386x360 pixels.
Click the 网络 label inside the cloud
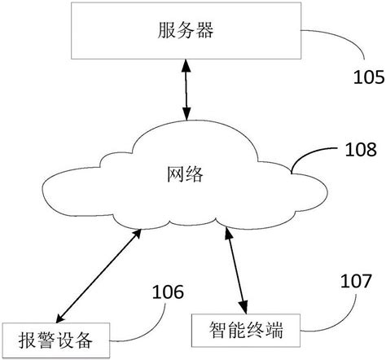[185, 174]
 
